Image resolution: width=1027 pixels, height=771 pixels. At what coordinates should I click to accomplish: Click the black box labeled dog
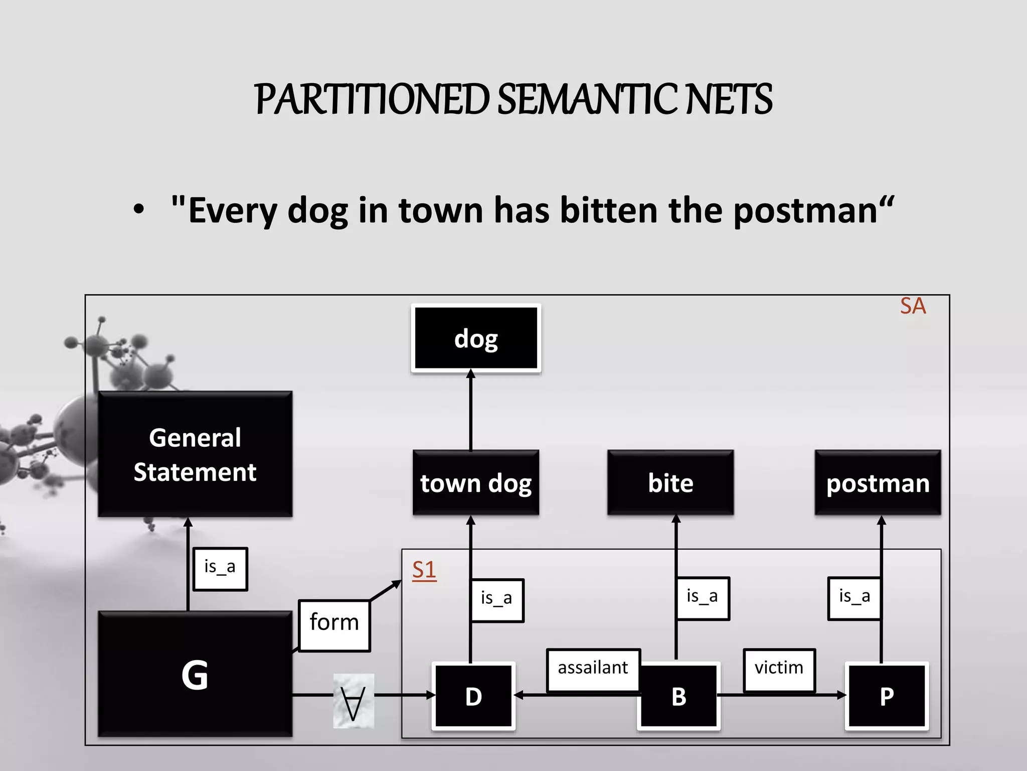click(x=476, y=338)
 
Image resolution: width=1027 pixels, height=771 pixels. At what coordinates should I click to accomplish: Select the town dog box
click(x=476, y=483)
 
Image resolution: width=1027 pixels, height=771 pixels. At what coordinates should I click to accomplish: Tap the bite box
click(x=670, y=483)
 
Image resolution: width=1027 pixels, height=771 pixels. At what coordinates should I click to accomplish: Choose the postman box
click(x=878, y=483)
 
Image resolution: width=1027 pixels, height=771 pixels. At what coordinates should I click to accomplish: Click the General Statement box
click(x=195, y=454)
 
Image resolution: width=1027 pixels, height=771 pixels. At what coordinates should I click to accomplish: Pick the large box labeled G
click(x=195, y=674)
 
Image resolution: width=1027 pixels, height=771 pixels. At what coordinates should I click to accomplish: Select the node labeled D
click(x=473, y=696)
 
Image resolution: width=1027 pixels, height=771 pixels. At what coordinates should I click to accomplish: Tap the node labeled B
click(x=679, y=696)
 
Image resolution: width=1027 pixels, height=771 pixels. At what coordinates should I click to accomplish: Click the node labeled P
click(x=887, y=696)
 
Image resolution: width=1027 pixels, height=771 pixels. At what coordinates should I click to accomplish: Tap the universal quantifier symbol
click(x=354, y=701)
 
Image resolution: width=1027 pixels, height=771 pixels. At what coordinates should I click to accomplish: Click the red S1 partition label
click(x=424, y=570)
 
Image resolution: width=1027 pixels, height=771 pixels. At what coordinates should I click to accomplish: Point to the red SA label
click(x=913, y=306)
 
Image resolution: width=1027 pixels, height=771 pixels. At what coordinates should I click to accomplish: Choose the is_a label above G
click(x=220, y=568)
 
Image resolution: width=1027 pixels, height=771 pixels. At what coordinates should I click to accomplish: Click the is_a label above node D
click(x=497, y=599)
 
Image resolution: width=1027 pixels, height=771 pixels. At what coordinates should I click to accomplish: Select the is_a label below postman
click(x=854, y=597)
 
